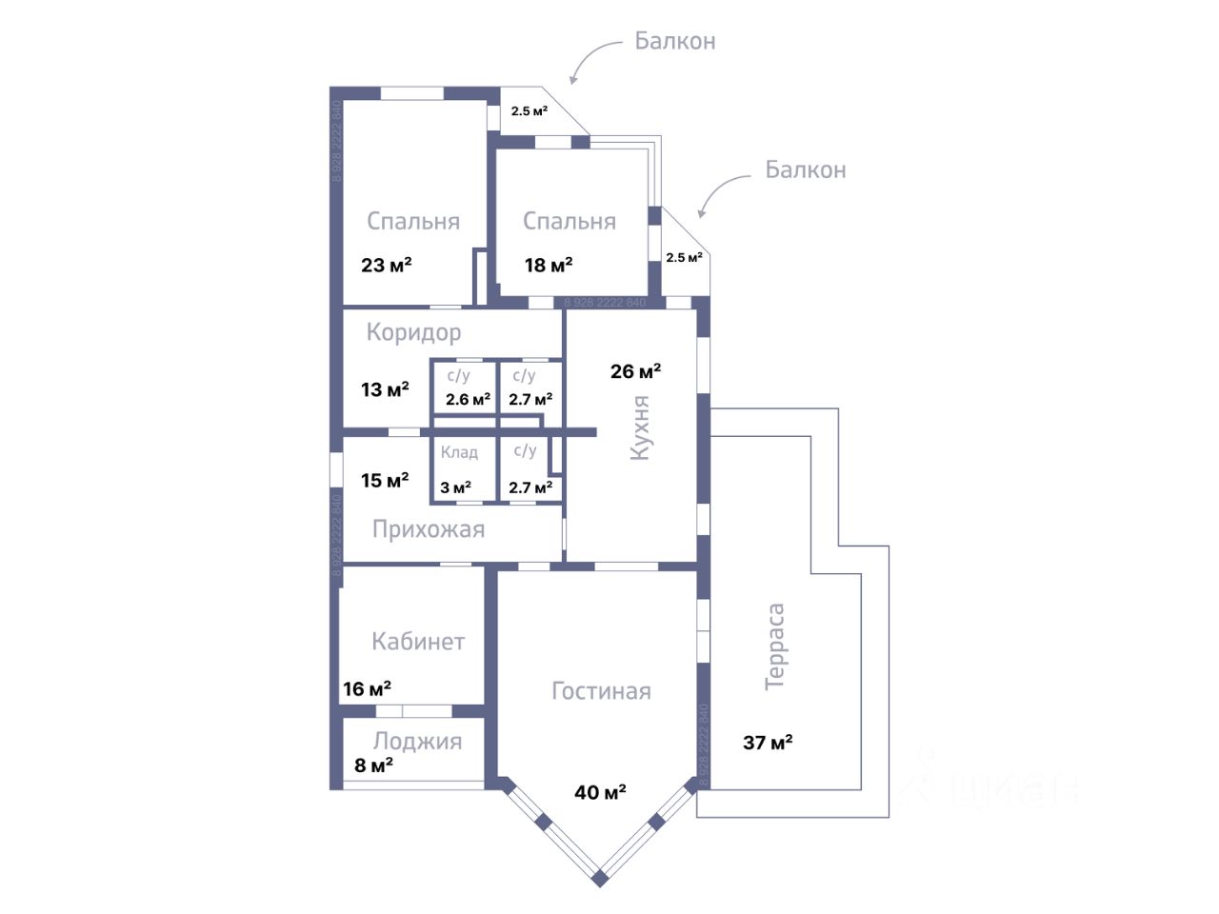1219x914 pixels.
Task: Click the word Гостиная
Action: coord(601,691)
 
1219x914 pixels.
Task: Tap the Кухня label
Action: coord(640,428)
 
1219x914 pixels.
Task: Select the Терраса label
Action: coord(775,646)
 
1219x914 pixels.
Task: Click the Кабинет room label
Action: coord(418,642)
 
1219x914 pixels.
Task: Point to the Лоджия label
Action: coord(417,741)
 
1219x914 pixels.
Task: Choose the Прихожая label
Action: coord(429,529)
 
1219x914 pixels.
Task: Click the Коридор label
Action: coord(413,332)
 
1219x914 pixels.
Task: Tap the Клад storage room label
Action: coord(459,452)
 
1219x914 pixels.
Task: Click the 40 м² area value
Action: coord(600,792)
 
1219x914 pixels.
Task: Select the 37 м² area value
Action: coord(768,742)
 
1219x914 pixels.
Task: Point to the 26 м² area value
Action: coord(635,370)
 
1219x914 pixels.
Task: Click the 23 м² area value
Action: coord(386,265)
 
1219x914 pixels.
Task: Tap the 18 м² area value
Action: coord(549,265)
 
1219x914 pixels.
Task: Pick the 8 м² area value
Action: coord(373,765)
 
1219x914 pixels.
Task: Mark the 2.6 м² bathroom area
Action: coord(468,400)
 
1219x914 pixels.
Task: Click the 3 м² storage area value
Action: coord(455,487)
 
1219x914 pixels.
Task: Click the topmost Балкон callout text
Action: coord(675,41)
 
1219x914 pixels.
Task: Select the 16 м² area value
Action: coord(367,688)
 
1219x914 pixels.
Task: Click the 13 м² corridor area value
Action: coord(385,389)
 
